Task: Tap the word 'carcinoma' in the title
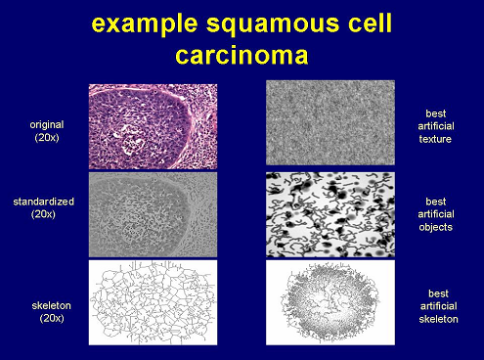[242, 56]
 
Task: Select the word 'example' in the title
[145, 24]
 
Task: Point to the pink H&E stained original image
[153, 126]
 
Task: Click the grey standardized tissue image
[153, 214]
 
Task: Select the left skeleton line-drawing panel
[153, 302]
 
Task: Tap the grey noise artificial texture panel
[330, 122]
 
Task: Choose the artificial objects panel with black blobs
[330, 214]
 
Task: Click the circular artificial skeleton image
[330, 302]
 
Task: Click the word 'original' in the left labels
[47, 125]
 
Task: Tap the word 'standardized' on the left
[43, 202]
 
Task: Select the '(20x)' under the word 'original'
[47, 138]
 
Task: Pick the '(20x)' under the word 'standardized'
[43, 214]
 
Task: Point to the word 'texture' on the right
[435, 139]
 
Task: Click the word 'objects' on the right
[436, 227]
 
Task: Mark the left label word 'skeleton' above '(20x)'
[51, 306]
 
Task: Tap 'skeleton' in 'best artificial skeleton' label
[438, 319]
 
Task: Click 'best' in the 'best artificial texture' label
[436, 113]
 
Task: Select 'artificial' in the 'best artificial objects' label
[436, 214]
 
